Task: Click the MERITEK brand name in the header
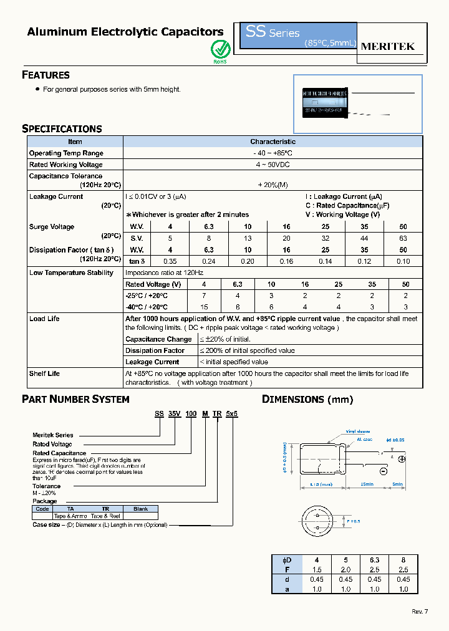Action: [x=388, y=47]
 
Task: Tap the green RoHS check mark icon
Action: [x=220, y=49]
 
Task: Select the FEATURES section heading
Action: [x=46, y=75]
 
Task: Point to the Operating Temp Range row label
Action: [x=66, y=153]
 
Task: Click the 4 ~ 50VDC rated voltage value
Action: [x=273, y=165]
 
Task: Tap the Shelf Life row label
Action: [x=44, y=373]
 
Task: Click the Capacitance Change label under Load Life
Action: [x=158, y=339]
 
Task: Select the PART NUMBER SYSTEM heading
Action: [x=75, y=399]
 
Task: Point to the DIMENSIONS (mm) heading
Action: [x=307, y=399]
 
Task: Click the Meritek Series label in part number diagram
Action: [x=53, y=435]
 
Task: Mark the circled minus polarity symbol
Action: [x=401, y=472]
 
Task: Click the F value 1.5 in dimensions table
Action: [x=317, y=570]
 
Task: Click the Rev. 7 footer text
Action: [x=420, y=611]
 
